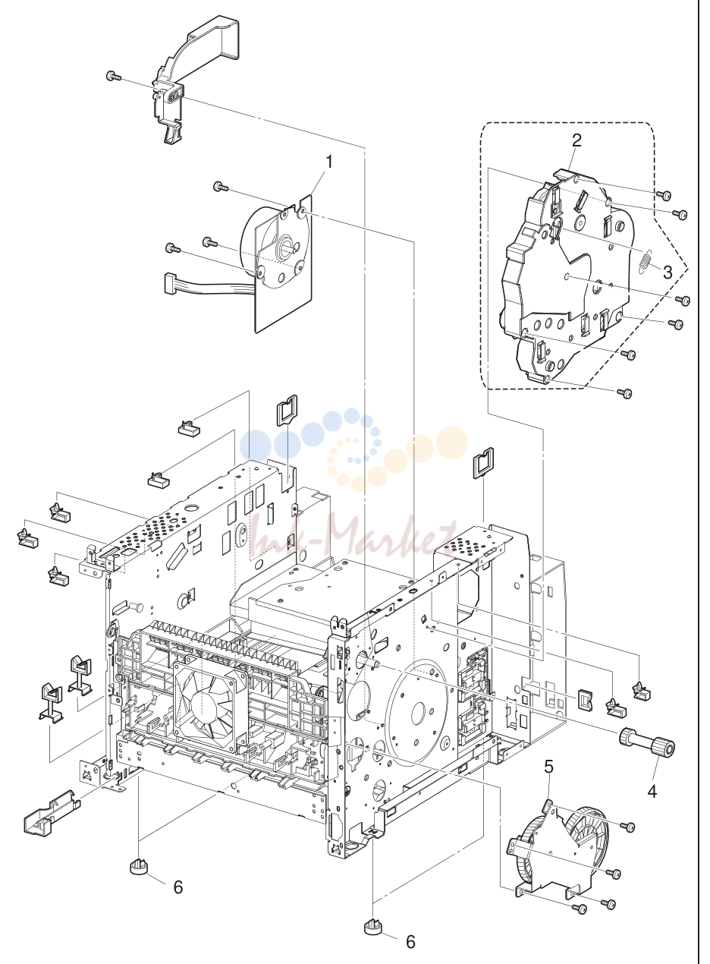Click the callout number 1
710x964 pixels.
[x=329, y=162]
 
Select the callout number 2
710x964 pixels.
[x=576, y=140]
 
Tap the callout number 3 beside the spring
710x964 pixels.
[x=667, y=272]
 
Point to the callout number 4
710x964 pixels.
[x=652, y=791]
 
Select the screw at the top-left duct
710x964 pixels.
[x=113, y=76]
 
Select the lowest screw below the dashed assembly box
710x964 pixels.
[x=624, y=392]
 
